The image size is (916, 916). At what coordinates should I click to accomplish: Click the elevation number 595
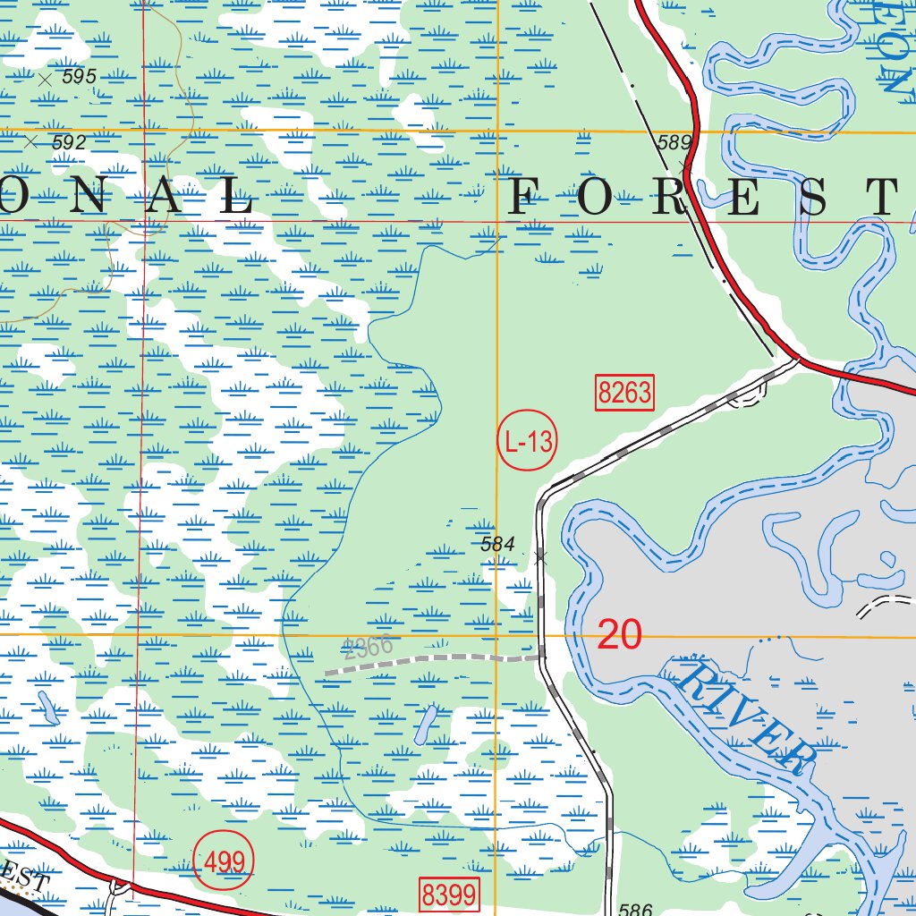click(79, 77)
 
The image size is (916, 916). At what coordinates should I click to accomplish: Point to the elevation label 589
click(674, 142)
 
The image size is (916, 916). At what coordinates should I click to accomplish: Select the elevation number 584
click(497, 544)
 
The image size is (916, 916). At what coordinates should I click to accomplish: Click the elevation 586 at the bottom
click(634, 910)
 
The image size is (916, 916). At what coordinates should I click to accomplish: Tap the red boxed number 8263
click(625, 393)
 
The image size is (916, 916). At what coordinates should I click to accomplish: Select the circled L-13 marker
click(526, 441)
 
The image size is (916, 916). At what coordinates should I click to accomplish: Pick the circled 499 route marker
click(225, 862)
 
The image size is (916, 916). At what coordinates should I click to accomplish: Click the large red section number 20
click(619, 634)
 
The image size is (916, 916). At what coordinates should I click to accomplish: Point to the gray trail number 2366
click(367, 649)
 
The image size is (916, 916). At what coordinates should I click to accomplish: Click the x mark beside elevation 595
click(45, 79)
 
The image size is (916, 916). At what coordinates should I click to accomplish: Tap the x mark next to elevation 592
click(31, 141)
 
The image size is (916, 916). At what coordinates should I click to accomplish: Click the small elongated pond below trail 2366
click(427, 724)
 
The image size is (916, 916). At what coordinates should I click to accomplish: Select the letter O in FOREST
click(598, 198)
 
